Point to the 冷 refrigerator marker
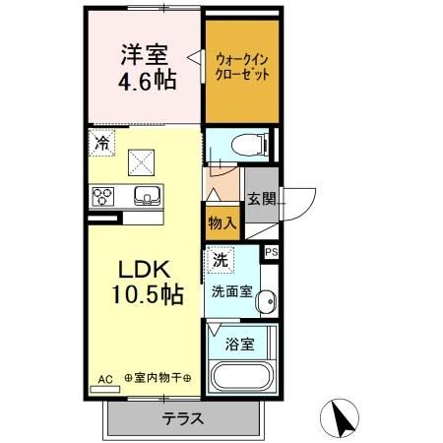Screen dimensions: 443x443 pyautogui.click(x=102, y=143)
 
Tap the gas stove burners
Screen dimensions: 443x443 pyautogui.click(x=103, y=196)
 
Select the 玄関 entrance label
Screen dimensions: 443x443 pyautogui.click(x=261, y=197)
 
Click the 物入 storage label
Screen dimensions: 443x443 pyautogui.click(x=222, y=222)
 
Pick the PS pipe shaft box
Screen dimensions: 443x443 pyautogui.click(x=272, y=252)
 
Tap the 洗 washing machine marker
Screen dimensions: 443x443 pyautogui.click(x=221, y=260)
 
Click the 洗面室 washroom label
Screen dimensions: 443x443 pyautogui.click(x=231, y=292)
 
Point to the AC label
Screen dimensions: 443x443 pyautogui.click(x=105, y=378)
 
